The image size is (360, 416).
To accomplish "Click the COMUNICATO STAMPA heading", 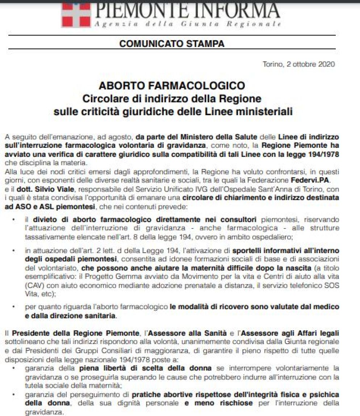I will (172, 44).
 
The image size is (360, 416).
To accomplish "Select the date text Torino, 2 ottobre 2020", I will (299, 65).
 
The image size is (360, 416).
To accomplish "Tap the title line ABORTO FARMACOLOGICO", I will (172, 86).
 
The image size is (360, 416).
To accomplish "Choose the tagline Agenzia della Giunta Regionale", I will (187, 24).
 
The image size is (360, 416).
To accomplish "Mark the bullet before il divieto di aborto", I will (14, 219).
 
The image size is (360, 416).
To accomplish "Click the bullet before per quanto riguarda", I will (14, 307).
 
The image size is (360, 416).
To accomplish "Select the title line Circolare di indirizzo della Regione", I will (172, 98).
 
